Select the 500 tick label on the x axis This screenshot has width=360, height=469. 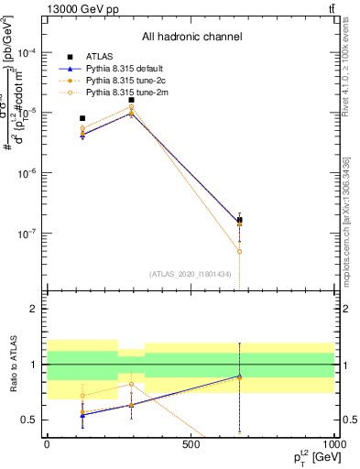pos(191,444)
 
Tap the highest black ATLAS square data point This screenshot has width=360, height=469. pos(132,100)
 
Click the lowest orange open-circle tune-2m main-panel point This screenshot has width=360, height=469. pos(239,251)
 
